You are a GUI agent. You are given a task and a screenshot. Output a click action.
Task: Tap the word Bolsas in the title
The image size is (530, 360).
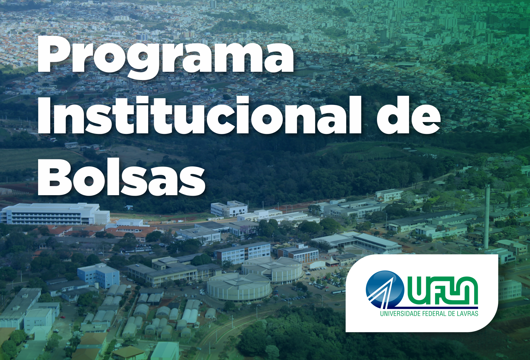(121, 177)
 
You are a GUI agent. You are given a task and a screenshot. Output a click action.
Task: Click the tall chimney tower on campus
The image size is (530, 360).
(487, 217)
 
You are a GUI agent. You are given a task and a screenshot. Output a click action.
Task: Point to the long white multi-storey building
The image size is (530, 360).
(55, 214)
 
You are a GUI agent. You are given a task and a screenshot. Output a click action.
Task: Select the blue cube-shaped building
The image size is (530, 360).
(99, 275)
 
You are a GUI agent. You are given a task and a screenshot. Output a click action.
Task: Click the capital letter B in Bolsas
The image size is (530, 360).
(55, 177)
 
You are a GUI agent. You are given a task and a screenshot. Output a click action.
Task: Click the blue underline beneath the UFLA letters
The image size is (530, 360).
(436, 308)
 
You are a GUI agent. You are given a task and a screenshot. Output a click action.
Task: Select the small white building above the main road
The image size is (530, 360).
(229, 209)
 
